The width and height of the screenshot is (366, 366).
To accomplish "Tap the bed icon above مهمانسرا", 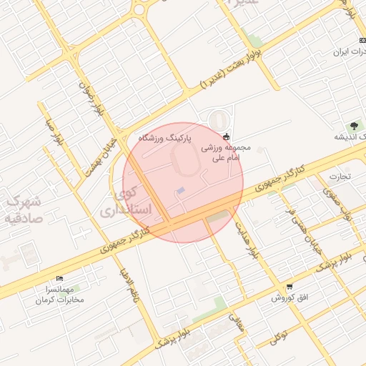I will point(59,278).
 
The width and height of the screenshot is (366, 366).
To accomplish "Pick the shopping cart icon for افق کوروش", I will point(289,287).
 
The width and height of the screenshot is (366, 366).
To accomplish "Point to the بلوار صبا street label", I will point(54,132).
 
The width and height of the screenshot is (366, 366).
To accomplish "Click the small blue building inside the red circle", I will point(181,190).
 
